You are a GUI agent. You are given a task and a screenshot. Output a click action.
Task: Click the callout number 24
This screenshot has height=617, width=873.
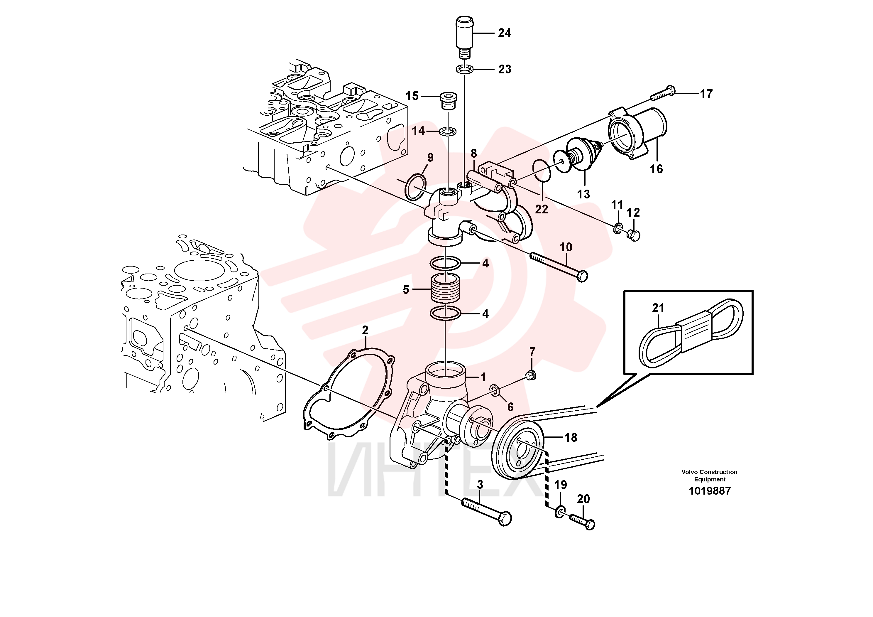point(505,33)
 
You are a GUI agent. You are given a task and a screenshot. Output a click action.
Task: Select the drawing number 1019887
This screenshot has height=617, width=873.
point(710,491)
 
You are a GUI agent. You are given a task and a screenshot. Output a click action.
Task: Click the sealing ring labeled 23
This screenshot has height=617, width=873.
point(464,70)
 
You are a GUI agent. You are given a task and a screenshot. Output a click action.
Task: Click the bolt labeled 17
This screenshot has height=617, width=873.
point(662,94)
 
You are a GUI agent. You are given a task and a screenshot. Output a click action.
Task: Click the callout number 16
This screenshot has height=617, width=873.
point(656,169)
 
